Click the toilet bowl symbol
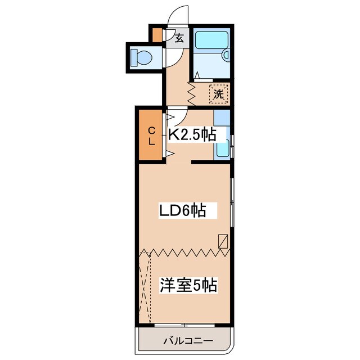click(141, 57)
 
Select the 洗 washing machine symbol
click(218, 94)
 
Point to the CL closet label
click(151, 136)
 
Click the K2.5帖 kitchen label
click(192, 134)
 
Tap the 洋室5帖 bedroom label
click(188, 285)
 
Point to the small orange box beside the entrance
click(156, 35)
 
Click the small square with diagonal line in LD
click(223, 241)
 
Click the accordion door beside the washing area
click(191, 93)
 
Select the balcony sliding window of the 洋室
click(183, 326)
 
